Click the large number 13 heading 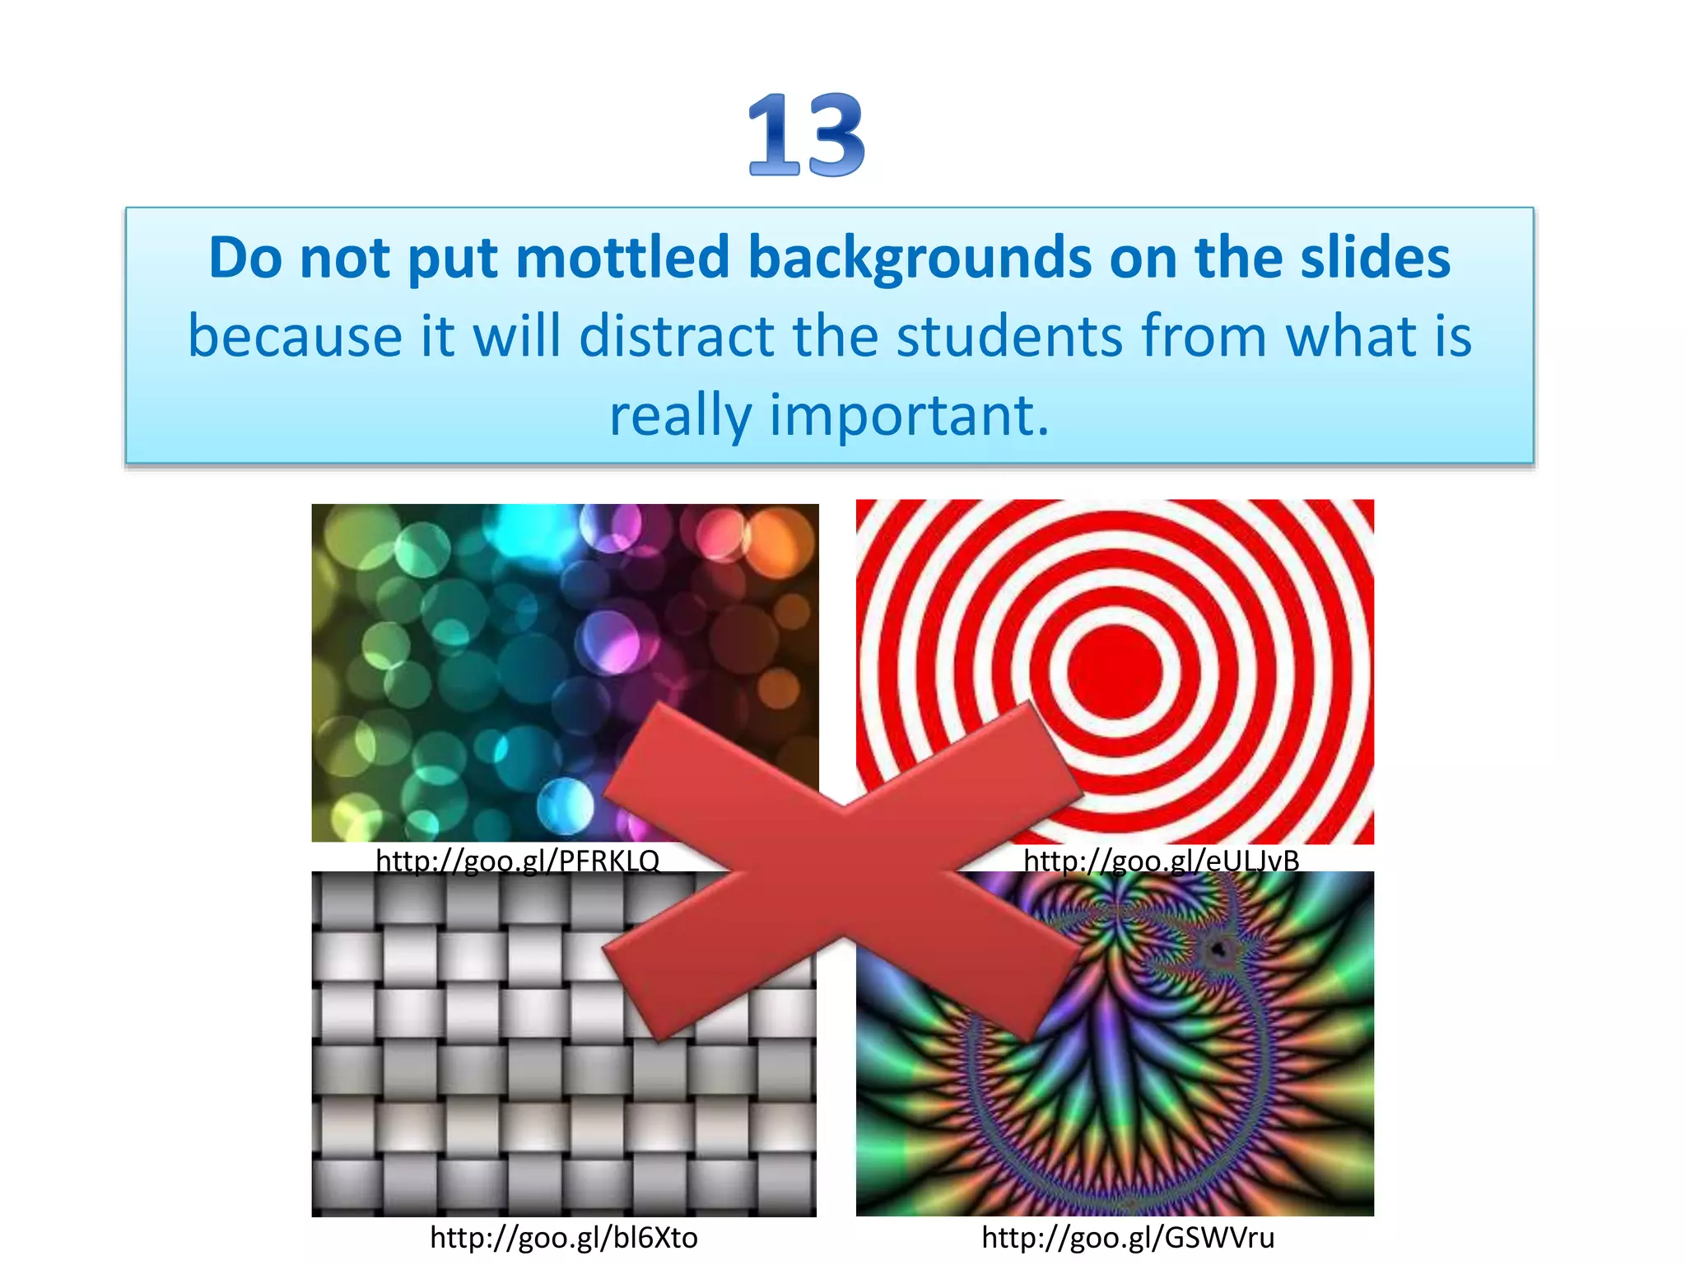806,135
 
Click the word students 1009,336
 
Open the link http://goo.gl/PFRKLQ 518,861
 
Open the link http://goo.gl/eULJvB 1161,861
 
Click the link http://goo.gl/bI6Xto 564,1238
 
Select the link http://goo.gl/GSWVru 1128,1238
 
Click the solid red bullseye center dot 1115,671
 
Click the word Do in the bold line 245,258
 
